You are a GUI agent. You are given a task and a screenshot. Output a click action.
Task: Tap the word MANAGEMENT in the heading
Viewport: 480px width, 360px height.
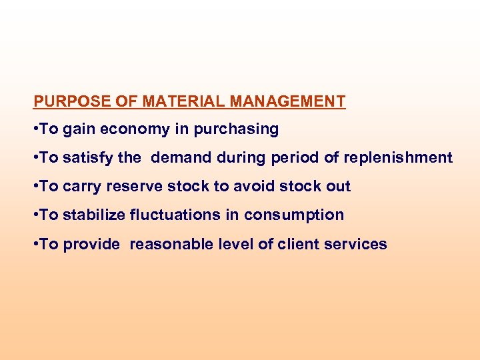pos(287,102)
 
